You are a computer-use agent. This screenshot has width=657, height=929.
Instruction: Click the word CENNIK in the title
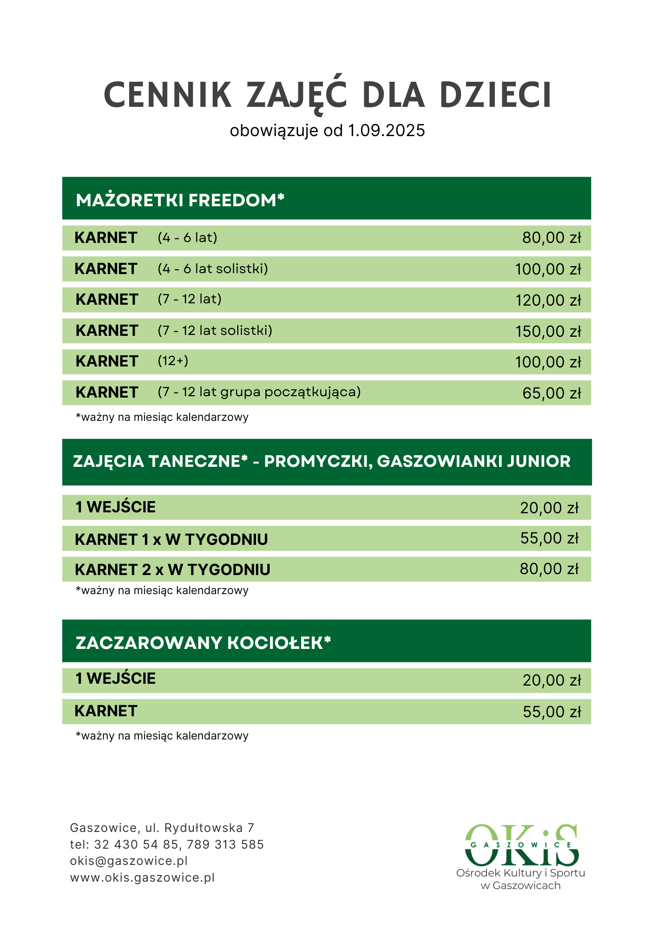[168, 95]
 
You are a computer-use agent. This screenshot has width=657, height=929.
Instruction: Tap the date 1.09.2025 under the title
[387, 131]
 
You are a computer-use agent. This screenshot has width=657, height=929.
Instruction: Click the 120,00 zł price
[548, 301]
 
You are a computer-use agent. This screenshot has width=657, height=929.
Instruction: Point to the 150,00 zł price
[548, 332]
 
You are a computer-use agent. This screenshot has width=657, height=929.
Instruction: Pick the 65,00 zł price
[552, 393]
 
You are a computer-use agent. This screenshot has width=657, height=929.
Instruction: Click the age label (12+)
[173, 361]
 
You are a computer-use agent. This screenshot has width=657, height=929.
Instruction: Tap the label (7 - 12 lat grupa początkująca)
[259, 392]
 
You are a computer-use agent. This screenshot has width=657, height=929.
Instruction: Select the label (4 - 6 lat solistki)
[213, 268]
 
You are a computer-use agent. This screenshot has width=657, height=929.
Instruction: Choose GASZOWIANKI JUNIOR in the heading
[473, 461]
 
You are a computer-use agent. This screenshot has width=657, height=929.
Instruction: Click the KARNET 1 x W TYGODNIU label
[171, 539]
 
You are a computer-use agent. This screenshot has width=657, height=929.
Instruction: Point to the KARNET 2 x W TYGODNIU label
[172, 569]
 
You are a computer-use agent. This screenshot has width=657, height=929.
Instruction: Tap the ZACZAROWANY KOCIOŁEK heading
[203, 643]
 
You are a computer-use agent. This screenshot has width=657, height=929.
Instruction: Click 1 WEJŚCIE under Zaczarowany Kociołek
[116, 678]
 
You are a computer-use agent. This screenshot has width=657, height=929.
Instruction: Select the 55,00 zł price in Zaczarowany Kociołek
[552, 712]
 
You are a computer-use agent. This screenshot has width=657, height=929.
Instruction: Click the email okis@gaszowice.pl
[129, 861]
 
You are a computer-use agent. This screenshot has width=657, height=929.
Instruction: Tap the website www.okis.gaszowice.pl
[142, 877]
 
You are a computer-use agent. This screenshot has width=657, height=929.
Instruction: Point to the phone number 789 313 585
[225, 844]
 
